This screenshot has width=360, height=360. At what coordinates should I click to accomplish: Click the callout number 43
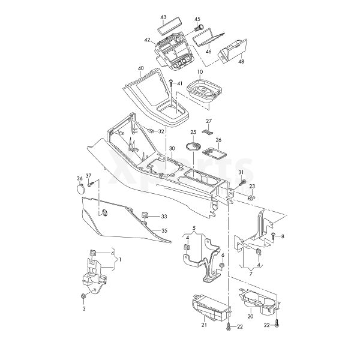point(163,17)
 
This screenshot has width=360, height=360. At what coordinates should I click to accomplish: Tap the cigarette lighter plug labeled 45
point(199,28)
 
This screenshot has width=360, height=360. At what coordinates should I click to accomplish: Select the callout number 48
point(241,62)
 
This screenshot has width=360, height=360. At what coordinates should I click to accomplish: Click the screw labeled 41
point(171,83)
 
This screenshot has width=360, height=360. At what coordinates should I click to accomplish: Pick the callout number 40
point(141,68)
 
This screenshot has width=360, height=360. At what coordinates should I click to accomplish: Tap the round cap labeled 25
point(193,146)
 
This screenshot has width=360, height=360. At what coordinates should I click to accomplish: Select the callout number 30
point(172,149)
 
